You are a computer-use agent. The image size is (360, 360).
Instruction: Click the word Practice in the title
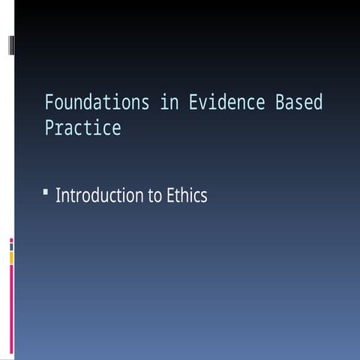coord(82,128)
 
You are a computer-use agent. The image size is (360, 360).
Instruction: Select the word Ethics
coord(185,196)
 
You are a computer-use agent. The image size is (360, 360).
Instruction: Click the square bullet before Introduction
coord(46,194)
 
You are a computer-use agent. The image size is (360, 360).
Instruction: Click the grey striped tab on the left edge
coord(11,45)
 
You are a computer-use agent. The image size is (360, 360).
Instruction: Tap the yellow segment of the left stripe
coord(11,257)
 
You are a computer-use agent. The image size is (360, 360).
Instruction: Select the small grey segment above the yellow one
coord(11,247)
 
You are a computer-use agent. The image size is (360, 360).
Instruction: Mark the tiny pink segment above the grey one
coord(11,241)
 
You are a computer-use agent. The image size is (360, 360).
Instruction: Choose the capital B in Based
coord(280,103)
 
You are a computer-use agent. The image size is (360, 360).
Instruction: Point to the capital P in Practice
coord(49,128)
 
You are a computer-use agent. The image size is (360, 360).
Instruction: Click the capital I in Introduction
coord(58,196)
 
